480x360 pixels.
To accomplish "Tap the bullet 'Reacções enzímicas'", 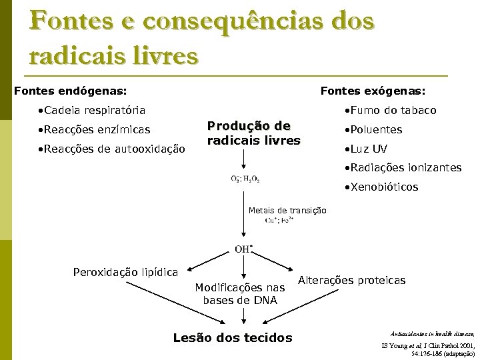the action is (94, 129).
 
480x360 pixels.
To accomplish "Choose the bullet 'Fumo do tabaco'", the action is (390, 110).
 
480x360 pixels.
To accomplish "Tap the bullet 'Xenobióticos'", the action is (381, 187).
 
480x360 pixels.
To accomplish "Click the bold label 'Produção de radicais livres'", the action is (253, 133).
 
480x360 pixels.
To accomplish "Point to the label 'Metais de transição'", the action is (287, 211).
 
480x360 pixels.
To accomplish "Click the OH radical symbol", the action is (243, 249).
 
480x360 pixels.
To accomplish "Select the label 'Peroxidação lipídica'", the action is (125, 272).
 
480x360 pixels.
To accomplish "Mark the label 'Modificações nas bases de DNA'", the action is (240, 294).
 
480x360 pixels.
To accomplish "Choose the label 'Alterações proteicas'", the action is (351, 281).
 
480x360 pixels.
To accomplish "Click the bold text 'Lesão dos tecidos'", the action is (233, 338).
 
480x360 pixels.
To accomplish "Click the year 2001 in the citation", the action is (463, 345).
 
